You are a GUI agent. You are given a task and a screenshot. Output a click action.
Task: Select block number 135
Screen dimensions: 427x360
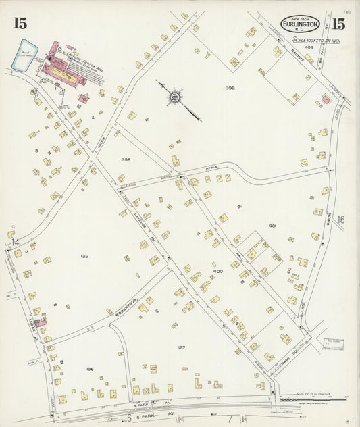[84, 256]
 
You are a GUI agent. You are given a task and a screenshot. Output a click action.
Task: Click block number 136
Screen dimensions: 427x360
[89, 369]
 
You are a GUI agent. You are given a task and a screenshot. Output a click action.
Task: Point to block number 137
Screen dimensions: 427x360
[182, 347]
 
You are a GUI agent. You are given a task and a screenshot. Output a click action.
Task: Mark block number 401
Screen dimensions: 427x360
[272, 225]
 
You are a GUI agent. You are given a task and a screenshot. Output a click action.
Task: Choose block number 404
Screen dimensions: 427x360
[290, 47]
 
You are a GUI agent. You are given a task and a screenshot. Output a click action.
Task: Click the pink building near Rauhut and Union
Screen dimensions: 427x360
[326, 99]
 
